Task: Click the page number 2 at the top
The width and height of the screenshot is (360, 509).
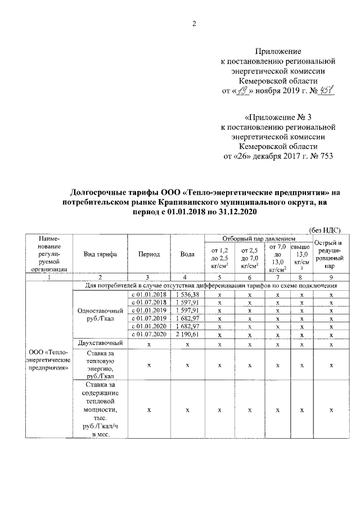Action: (194, 23)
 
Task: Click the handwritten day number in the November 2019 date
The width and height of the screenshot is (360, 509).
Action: (241, 92)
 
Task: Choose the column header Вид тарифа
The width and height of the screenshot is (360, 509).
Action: (100, 254)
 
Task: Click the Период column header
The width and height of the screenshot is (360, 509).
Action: (148, 254)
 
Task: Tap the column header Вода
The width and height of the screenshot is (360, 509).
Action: (187, 254)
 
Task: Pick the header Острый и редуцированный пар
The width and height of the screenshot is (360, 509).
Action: (331, 254)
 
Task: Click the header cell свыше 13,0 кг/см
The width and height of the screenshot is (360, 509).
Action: (302, 258)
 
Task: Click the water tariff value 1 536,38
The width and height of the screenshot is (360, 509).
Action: (187, 294)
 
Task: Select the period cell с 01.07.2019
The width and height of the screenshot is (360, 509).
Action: (148, 318)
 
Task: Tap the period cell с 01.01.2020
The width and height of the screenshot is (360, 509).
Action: (148, 326)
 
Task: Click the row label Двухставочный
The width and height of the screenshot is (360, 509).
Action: (100, 343)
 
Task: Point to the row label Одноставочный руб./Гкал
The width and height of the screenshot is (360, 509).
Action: (100, 314)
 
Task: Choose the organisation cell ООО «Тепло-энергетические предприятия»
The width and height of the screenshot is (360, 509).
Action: (50, 360)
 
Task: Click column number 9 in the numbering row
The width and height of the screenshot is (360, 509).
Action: (331, 277)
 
